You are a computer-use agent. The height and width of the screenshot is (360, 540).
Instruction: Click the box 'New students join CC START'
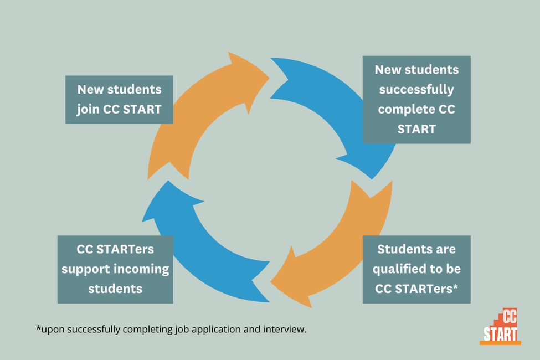119,100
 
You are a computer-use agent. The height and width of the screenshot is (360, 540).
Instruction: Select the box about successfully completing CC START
416,100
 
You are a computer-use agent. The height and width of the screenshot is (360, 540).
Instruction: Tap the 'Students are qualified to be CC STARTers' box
416,269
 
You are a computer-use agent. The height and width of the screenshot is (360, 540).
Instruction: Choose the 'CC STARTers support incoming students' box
115,269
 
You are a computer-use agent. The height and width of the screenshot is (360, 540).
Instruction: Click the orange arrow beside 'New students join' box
193,114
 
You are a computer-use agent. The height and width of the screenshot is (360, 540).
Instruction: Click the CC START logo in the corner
500,326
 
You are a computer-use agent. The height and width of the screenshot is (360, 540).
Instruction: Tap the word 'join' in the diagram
88,110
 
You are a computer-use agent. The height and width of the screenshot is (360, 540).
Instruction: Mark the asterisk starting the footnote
38,327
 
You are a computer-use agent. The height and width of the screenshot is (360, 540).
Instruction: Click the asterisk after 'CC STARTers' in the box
456,286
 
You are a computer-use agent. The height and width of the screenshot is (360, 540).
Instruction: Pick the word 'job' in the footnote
182,330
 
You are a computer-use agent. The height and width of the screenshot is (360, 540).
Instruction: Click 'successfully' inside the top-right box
416,90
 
